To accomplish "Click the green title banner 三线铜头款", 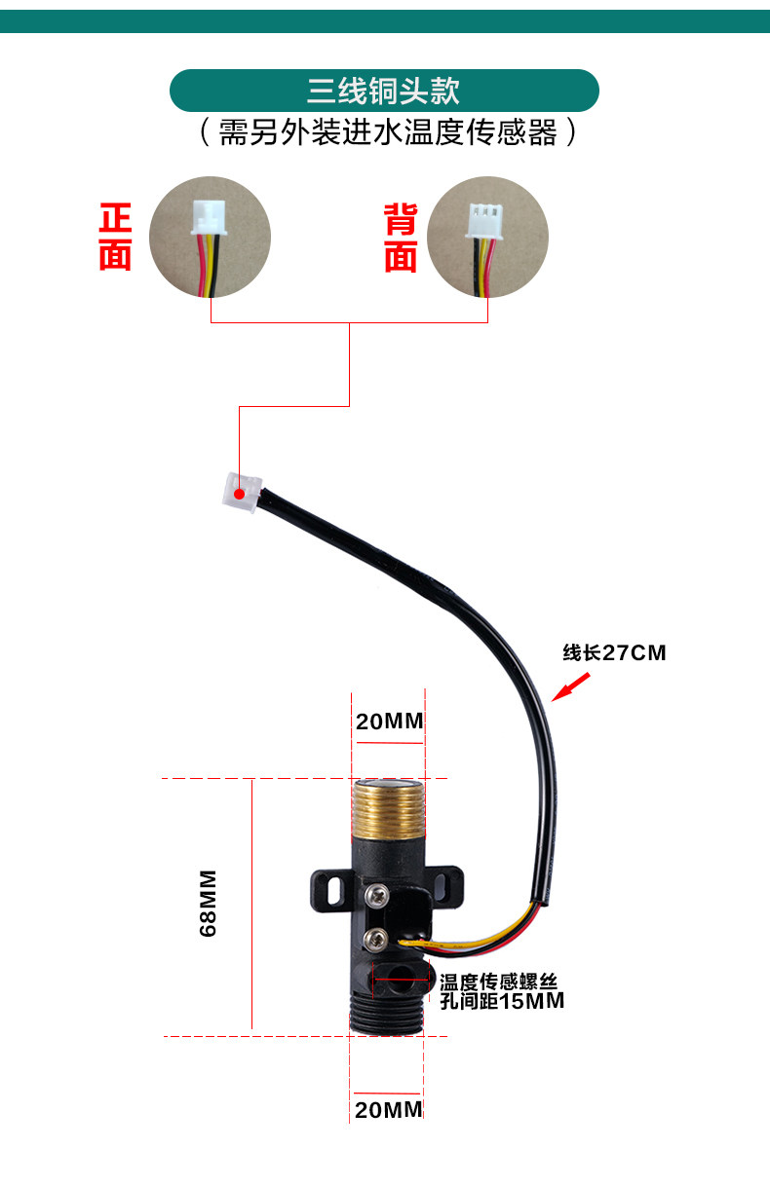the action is pos(384,91).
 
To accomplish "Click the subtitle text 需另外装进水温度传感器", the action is pos(387,131).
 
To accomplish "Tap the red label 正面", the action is pos(115,237).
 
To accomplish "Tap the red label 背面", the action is pos(401,238).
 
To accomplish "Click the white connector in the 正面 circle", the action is pos(210,217).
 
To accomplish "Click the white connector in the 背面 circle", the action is pos(484,221).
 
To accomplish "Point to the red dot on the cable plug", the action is pos(240,494).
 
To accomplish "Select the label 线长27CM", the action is pos(614,652).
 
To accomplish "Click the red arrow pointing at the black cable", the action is pos(571,686).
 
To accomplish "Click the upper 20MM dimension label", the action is pos(390,722).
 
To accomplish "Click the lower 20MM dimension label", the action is pos(389,1110).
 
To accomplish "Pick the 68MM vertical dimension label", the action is pos(208,904).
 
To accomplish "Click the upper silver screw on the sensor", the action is pos(377,895).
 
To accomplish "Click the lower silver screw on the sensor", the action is pos(375,939).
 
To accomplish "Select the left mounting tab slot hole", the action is pos(334,891).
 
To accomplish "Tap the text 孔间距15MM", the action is pos(502,1001).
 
